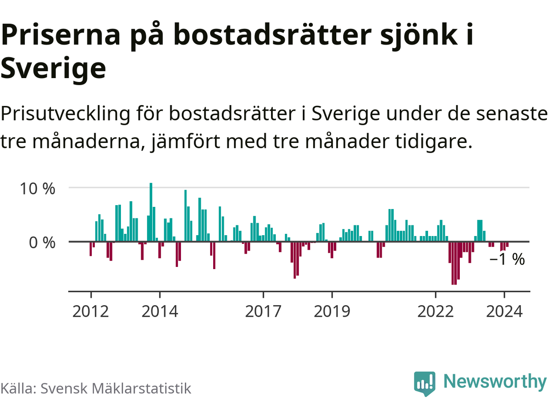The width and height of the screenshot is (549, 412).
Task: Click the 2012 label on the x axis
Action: pos(90,311)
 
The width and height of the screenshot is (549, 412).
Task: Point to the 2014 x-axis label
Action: pos(160,311)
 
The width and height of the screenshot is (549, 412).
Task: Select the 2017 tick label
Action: pos(263,311)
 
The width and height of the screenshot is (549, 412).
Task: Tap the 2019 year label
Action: pos(332,311)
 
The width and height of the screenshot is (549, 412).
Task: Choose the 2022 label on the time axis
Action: pos(435,311)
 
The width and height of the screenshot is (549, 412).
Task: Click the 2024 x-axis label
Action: pos(504,311)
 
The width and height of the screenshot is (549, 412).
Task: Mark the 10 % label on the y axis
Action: pos(37,188)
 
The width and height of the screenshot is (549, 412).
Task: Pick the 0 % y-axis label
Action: pos(42,243)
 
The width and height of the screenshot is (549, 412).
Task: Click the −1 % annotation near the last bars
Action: pos(507,259)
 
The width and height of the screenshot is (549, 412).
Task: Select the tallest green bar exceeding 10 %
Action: pos(151,210)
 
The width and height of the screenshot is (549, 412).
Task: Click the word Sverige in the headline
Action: pos(53,69)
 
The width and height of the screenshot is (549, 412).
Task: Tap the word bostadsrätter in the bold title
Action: pos(272,35)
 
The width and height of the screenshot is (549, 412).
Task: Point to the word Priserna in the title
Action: pos(61,35)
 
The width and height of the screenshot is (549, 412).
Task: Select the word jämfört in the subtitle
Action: pos(186,142)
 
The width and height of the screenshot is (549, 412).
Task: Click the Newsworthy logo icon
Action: pos(425,383)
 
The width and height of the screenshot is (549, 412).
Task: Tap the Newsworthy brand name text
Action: pos(495,381)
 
